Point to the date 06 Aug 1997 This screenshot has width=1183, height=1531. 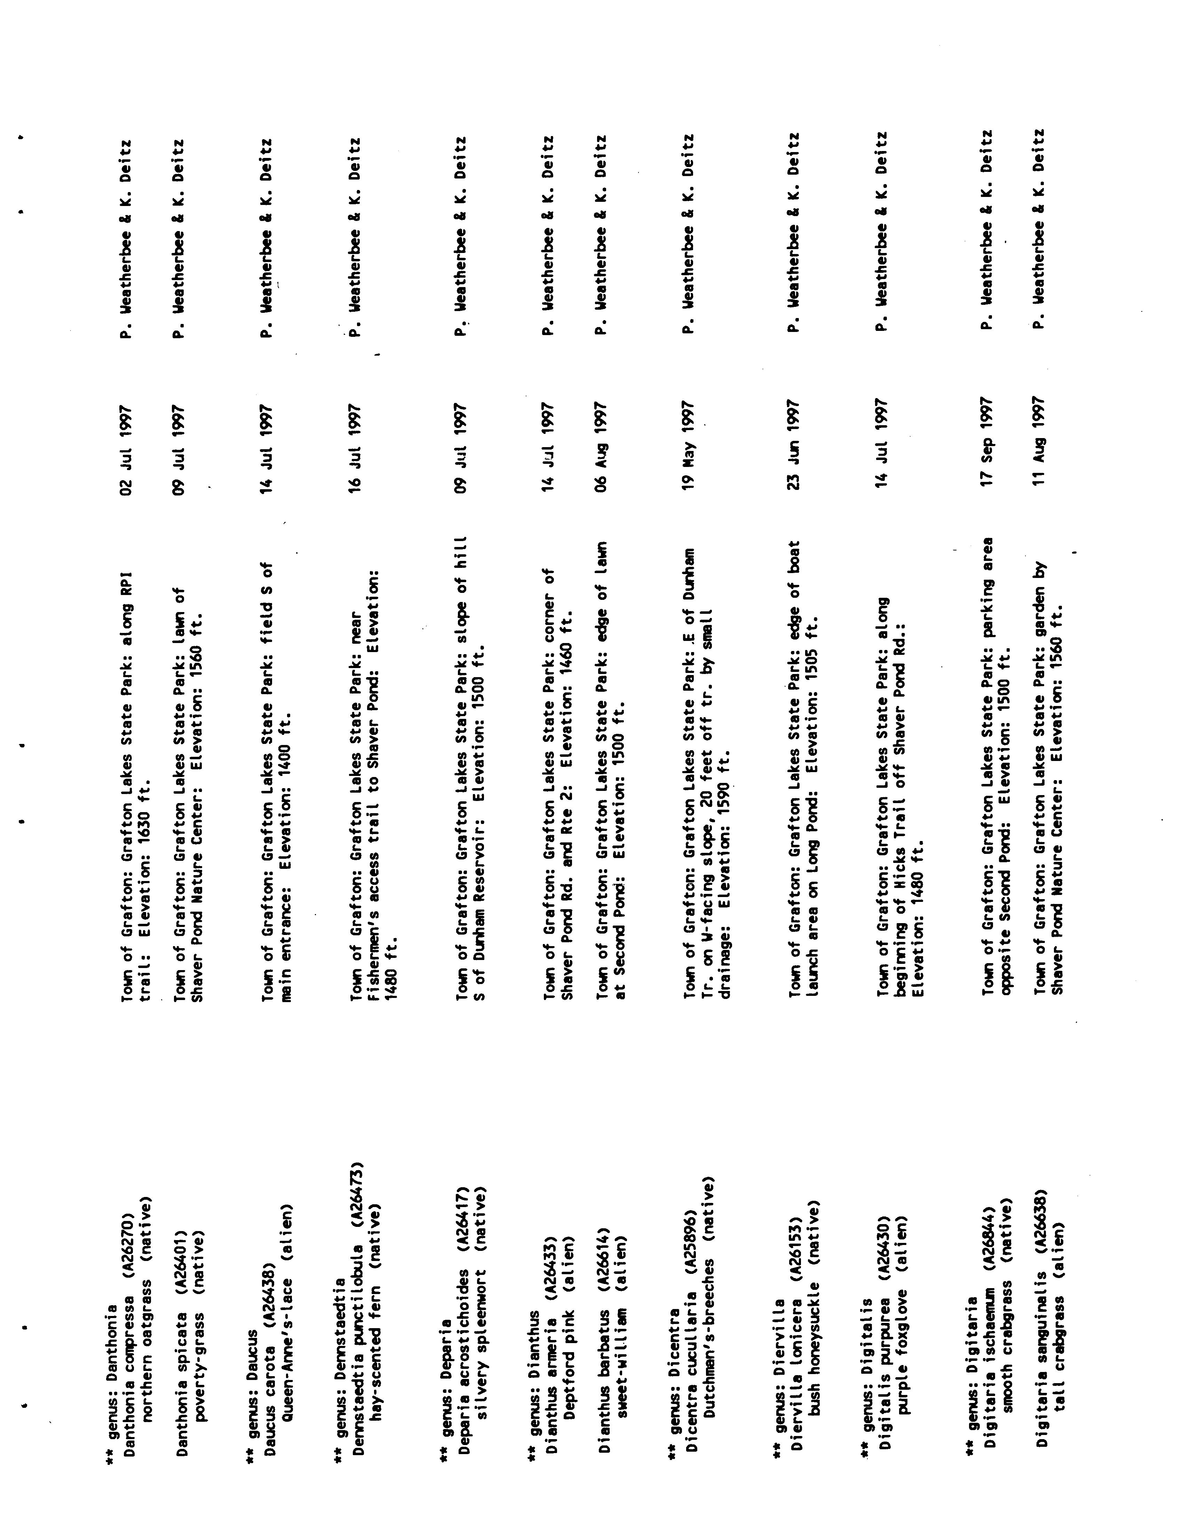tap(602, 444)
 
